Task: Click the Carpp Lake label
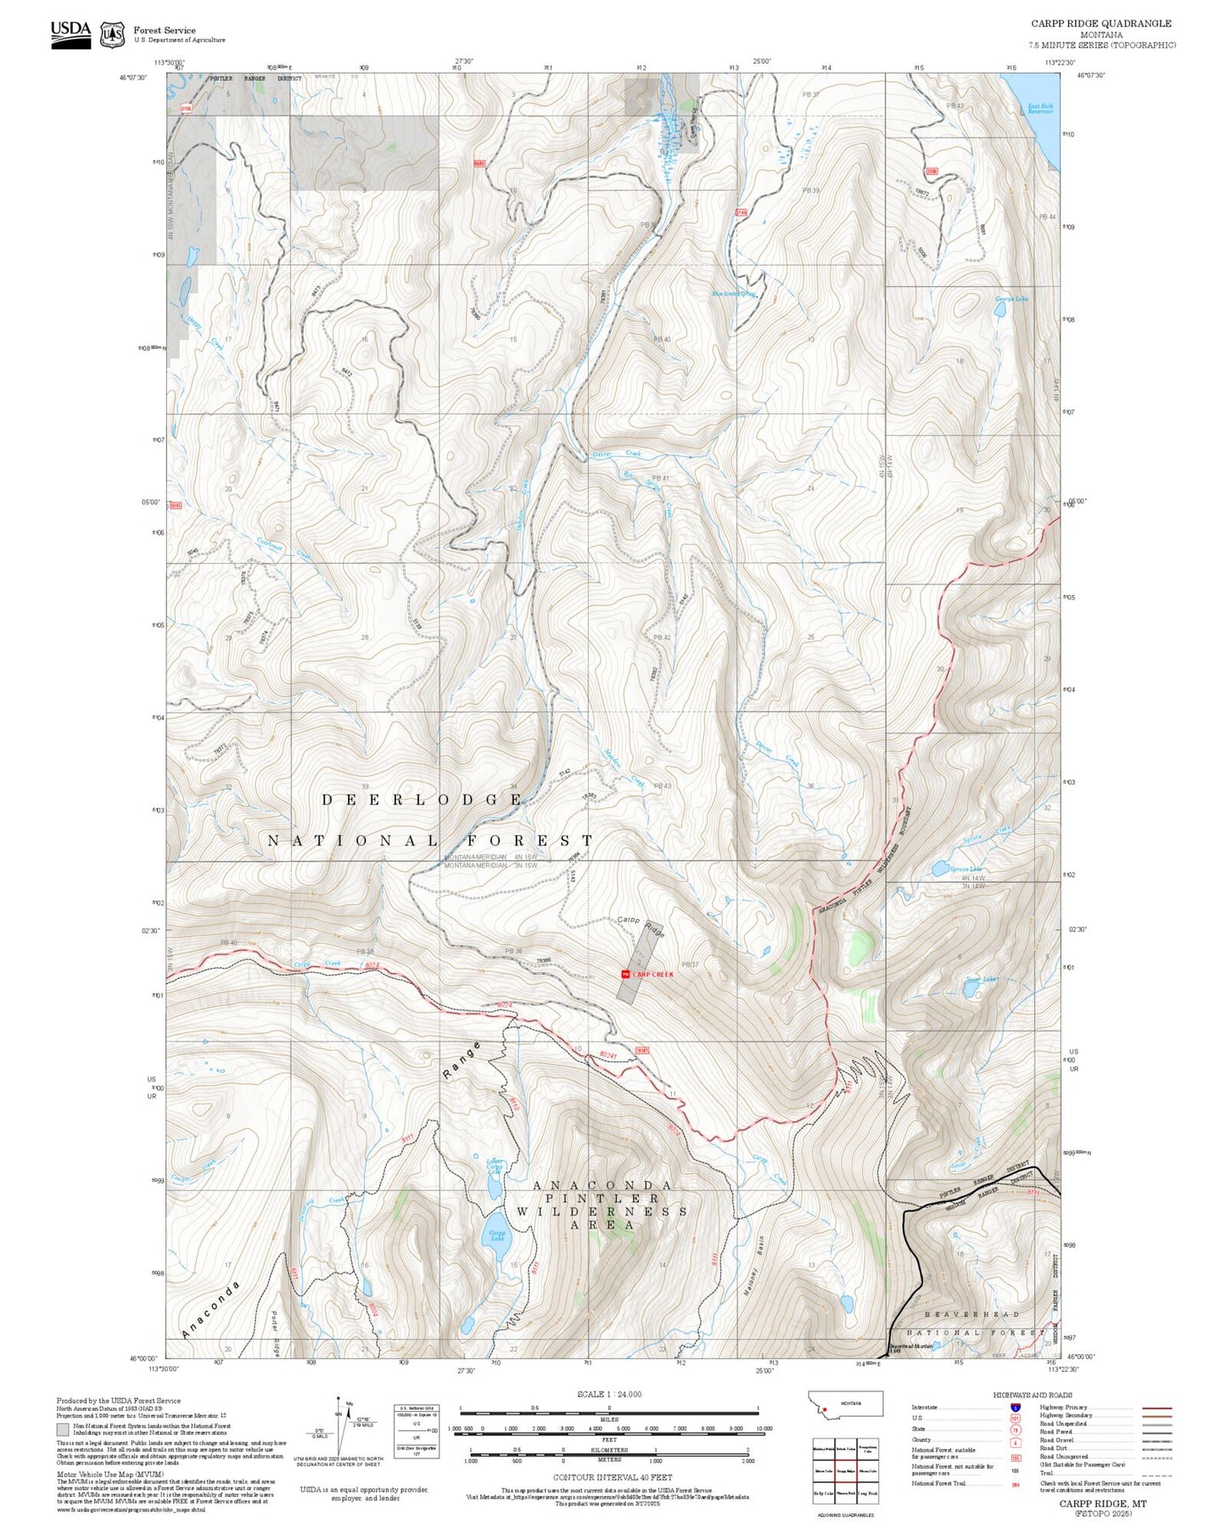496,1236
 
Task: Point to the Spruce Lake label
966,869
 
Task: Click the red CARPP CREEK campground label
652,975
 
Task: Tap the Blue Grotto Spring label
733,295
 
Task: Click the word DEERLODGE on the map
422,800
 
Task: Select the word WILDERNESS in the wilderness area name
602,1211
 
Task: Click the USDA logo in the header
70,33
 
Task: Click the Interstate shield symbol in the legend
1015,1408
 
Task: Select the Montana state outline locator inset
846,1403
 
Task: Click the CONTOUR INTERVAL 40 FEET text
613,1478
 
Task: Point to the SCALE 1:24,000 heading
608,1395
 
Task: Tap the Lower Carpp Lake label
494,1166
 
